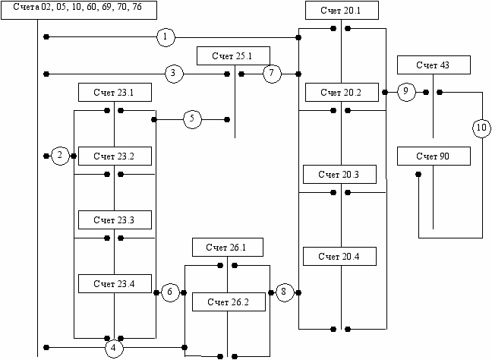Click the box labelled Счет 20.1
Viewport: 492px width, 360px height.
(x=342, y=11)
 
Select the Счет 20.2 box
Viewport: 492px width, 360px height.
(x=342, y=92)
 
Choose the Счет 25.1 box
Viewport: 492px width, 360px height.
(x=232, y=55)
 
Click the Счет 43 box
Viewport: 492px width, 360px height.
(x=434, y=65)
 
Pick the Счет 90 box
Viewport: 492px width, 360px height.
(x=434, y=156)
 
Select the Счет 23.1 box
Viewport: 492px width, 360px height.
(x=115, y=93)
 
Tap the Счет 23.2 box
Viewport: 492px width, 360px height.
(x=115, y=156)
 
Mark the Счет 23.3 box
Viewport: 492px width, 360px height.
(x=115, y=219)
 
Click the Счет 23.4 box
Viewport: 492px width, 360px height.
(x=115, y=283)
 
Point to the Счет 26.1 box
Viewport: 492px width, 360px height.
(x=229, y=247)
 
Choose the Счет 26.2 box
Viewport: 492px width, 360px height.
(x=229, y=302)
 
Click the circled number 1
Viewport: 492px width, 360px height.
(x=166, y=36)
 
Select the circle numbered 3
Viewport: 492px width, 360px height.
(x=174, y=74)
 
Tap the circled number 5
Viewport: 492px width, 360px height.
(x=192, y=119)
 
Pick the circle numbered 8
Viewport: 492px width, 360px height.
(x=284, y=292)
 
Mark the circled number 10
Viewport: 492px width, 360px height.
(x=481, y=128)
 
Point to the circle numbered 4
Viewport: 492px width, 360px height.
(x=114, y=348)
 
